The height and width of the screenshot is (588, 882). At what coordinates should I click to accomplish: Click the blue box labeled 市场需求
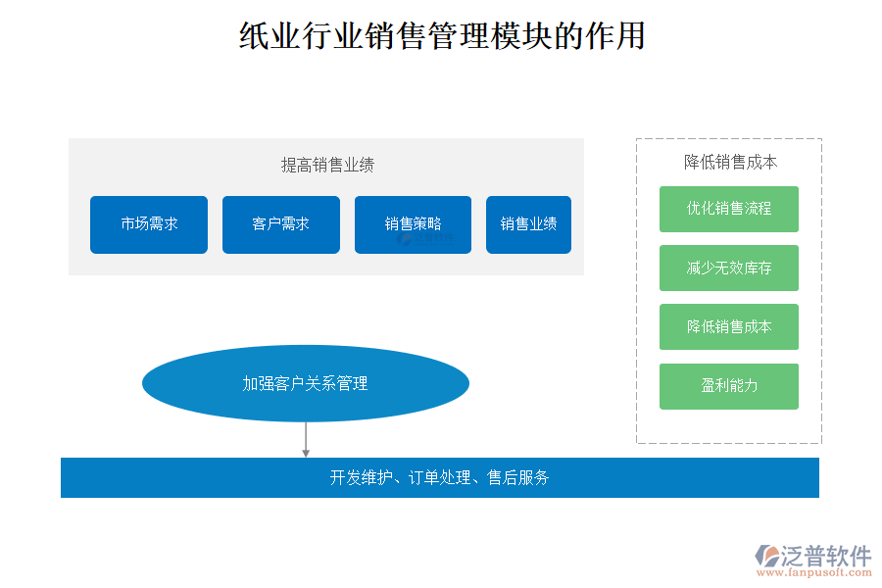pos(149,224)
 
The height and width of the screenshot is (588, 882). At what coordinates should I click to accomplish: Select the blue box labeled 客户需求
pos(281,224)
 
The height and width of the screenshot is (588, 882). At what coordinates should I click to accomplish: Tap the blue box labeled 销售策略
pos(413,224)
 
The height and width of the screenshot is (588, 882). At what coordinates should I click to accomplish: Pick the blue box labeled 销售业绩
pos(528,224)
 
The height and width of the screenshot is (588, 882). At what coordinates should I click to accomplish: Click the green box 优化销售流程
pos(729,209)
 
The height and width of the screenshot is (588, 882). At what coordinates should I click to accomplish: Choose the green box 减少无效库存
pos(729,268)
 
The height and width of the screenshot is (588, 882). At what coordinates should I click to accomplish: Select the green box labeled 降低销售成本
pos(729,326)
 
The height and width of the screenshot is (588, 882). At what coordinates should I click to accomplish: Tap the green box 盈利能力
pos(729,386)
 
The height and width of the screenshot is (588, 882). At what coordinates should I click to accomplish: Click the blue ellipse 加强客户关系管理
pos(306,383)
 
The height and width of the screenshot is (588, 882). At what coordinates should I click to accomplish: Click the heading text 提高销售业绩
pos(327,165)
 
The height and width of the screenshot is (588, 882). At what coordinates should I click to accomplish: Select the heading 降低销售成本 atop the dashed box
pos(730,163)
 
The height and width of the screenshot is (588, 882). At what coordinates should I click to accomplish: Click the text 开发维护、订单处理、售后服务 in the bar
pos(439,478)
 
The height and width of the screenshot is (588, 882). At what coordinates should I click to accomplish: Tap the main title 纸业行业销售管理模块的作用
pos(442,37)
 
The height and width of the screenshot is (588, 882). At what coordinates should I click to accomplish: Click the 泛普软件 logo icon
pos(766,557)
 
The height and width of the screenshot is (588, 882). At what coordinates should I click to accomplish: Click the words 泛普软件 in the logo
pos(826,556)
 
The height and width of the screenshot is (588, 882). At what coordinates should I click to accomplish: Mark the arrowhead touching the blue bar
pos(306,453)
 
